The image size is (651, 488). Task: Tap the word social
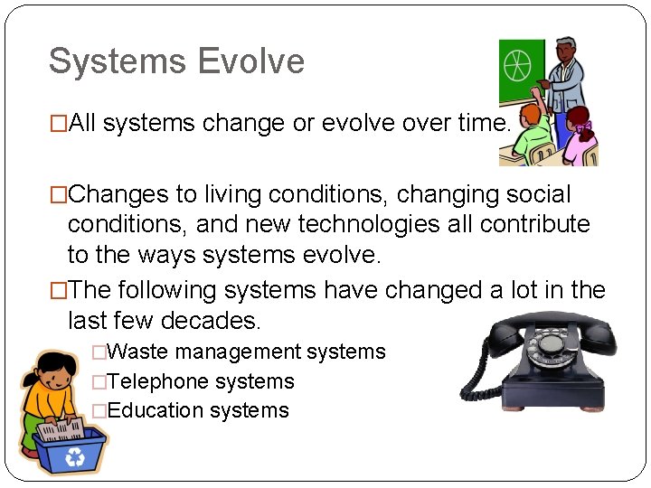click(539, 194)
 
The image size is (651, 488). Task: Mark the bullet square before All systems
click(59, 124)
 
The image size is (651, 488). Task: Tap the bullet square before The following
click(59, 291)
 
